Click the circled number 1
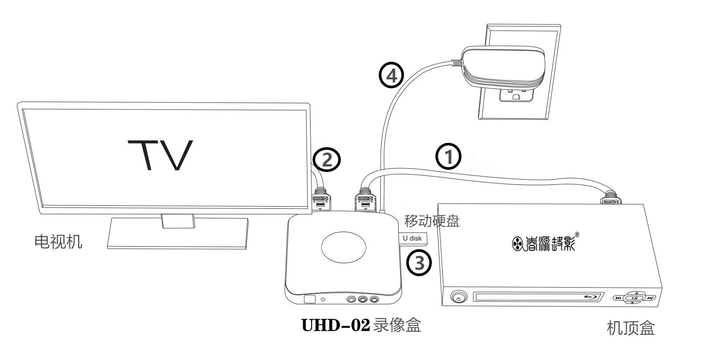click(448, 156)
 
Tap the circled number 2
click(327, 160)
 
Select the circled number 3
click(419, 263)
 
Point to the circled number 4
click(392, 76)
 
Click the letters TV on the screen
click(160, 155)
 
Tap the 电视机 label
click(58, 241)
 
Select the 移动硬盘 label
click(432, 221)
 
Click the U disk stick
click(413, 238)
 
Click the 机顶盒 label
click(630, 328)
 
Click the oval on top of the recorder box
click(343, 246)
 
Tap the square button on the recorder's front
click(309, 299)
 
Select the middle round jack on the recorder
click(362, 300)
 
